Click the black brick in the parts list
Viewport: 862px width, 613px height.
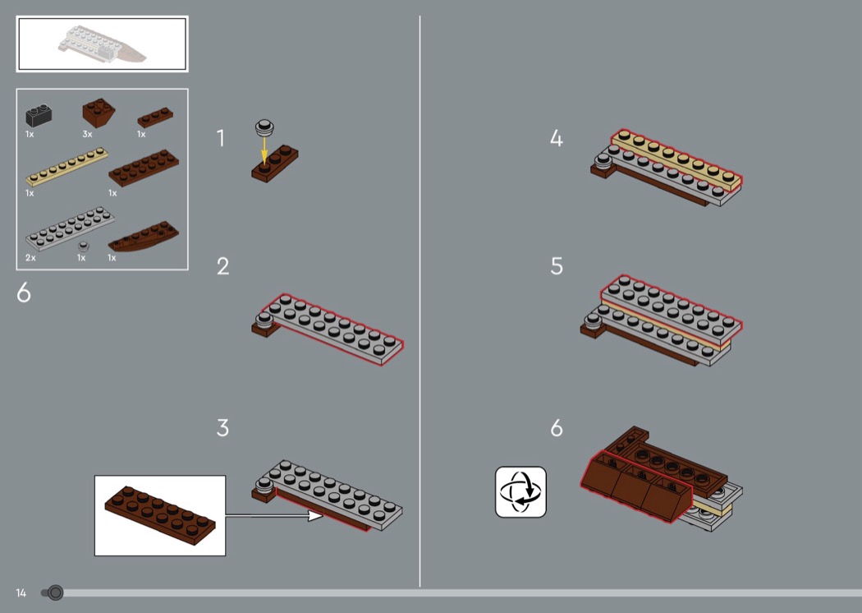tap(39, 116)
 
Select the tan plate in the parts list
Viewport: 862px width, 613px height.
tap(67, 166)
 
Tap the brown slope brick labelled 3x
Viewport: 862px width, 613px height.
tap(99, 113)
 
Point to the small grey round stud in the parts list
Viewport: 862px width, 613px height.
tap(83, 246)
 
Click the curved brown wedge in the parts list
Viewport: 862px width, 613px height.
tap(144, 237)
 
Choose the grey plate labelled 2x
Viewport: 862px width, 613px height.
tap(70, 228)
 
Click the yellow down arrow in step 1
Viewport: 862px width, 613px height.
tap(264, 150)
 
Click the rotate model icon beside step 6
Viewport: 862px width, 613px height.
tap(520, 492)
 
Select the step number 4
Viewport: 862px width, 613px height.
tap(557, 138)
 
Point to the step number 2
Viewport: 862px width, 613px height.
tap(222, 266)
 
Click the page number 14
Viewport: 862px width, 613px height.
tap(21, 592)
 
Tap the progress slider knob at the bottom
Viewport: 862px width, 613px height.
tap(55, 592)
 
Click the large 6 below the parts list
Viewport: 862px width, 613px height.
tap(24, 293)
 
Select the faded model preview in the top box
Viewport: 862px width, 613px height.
tap(103, 44)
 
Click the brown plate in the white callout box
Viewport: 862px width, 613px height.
tap(160, 515)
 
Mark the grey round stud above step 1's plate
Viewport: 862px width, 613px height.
tap(264, 127)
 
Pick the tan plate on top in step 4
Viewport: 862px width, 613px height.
tap(676, 160)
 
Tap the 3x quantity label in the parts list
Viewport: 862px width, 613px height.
tap(87, 134)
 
